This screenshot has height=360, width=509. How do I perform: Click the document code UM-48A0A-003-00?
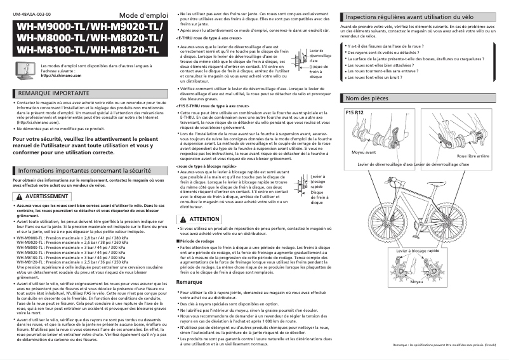[x=32, y=13]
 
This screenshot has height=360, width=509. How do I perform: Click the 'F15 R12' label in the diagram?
[x=354, y=113]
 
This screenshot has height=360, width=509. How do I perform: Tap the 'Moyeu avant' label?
[x=364, y=152]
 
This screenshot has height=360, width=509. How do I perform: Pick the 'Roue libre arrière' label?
[x=473, y=156]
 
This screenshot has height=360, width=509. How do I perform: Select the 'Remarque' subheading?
[x=189, y=281]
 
